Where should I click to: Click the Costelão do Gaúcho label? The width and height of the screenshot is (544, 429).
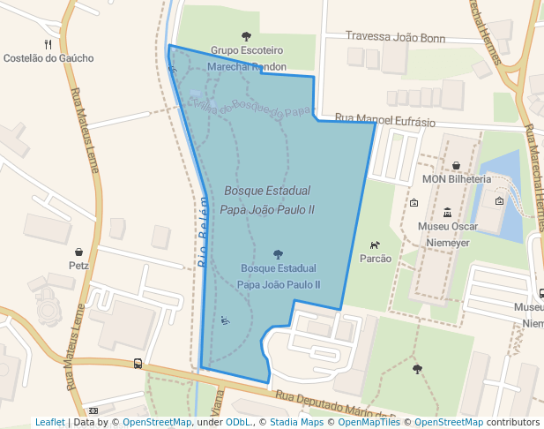point(48,58)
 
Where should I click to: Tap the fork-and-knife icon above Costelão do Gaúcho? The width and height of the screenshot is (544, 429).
point(48,43)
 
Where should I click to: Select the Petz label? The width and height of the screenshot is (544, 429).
point(78,264)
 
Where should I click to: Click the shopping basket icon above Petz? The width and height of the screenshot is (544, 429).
point(79,252)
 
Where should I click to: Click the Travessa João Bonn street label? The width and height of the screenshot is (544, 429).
point(395,39)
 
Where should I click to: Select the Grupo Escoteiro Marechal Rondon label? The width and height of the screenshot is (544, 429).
point(247,58)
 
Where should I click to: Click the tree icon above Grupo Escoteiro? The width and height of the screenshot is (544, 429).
point(246,37)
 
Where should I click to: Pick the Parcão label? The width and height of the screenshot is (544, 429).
point(376,259)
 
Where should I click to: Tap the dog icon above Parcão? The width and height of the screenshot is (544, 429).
point(376,245)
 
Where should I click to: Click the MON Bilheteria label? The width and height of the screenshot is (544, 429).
point(456,178)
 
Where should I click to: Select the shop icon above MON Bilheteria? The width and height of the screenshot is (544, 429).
point(456,165)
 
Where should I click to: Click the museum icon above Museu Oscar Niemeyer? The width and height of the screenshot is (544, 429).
point(447,212)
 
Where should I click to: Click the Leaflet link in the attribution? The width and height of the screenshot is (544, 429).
point(49,422)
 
